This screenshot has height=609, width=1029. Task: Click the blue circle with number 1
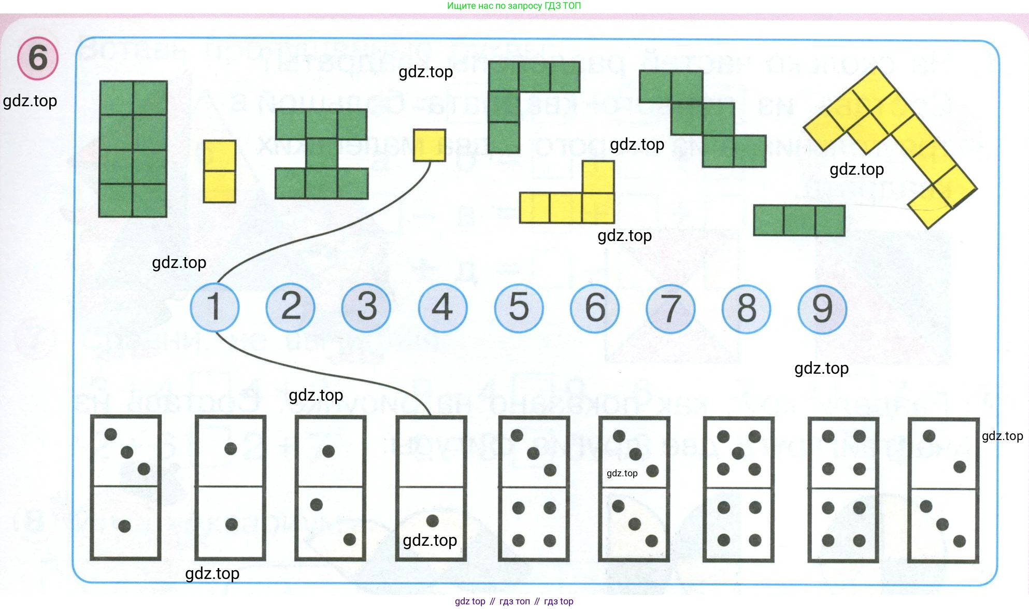click(215, 307)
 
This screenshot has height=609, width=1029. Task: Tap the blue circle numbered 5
click(519, 308)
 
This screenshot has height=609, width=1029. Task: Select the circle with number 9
click(822, 309)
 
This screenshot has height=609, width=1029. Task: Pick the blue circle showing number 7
click(670, 309)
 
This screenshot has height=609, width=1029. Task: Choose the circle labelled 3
click(366, 307)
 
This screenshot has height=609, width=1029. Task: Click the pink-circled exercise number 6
click(38, 58)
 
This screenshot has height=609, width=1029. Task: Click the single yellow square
click(429, 145)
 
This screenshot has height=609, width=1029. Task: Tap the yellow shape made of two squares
click(220, 171)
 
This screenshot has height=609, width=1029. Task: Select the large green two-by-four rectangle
click(133, 149)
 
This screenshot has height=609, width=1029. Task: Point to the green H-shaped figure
click(322, 154)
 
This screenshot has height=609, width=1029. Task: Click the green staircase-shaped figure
click(703, 119)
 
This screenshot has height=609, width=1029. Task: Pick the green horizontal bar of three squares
click(799, 220)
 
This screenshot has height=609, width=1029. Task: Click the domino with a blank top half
click(431, 488)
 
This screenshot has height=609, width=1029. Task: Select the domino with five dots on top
click(738, 489)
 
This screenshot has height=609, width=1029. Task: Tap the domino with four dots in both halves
click(843, 489)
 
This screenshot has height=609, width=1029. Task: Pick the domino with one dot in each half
click(231, 488)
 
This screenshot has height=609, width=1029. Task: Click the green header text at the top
click(513, 6)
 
